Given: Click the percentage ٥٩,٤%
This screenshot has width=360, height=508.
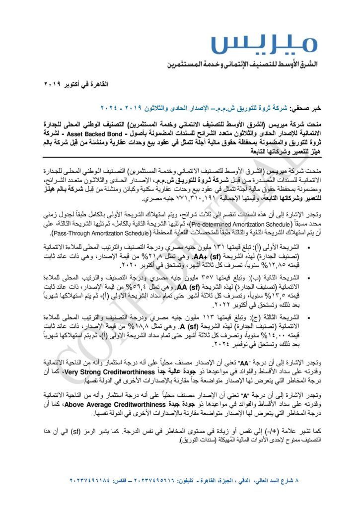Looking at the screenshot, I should [144, 287].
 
